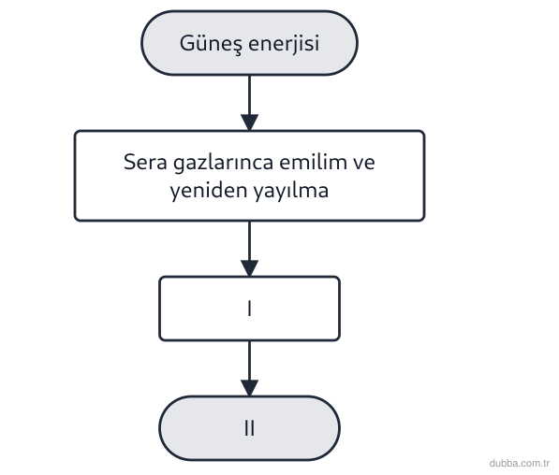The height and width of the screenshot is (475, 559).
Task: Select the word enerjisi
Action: pos(284,44)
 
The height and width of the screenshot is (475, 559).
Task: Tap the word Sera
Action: pos(145,162)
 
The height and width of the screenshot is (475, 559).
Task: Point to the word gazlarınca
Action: pos(224,164)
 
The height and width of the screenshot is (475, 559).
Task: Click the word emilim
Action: pos(314,162)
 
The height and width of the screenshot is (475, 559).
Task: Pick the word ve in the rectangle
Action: pos(364,164)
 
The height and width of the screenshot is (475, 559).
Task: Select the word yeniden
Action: pos(209,191)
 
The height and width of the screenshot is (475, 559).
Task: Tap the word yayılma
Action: pos(291,191)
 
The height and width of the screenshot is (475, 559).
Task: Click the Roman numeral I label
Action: pos(250,309)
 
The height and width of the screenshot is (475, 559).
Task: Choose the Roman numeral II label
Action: pos(250,428)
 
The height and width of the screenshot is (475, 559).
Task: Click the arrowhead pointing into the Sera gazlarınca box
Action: pos(250,122)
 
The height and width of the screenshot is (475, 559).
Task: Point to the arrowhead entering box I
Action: pos(250,268)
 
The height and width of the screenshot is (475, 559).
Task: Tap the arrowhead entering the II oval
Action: pos(250,388)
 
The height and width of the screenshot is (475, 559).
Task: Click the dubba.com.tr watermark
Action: pos(520,463)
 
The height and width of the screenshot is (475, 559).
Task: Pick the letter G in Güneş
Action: pos(186,43)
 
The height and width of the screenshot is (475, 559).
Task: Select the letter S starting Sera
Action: pos(129,162)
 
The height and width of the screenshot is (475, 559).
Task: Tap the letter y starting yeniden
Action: pos(175,194)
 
